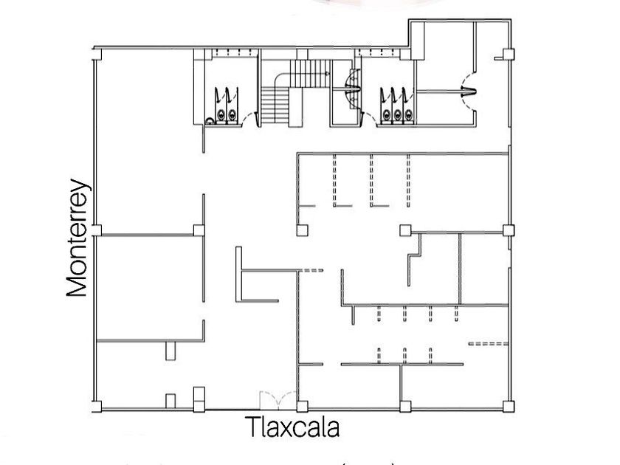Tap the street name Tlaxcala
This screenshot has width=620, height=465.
click(294, 427)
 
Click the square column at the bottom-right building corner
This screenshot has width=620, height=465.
click(506, 404)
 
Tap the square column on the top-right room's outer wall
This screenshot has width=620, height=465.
click(508, 54)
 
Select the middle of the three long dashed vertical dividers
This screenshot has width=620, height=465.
click(371, 179)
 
